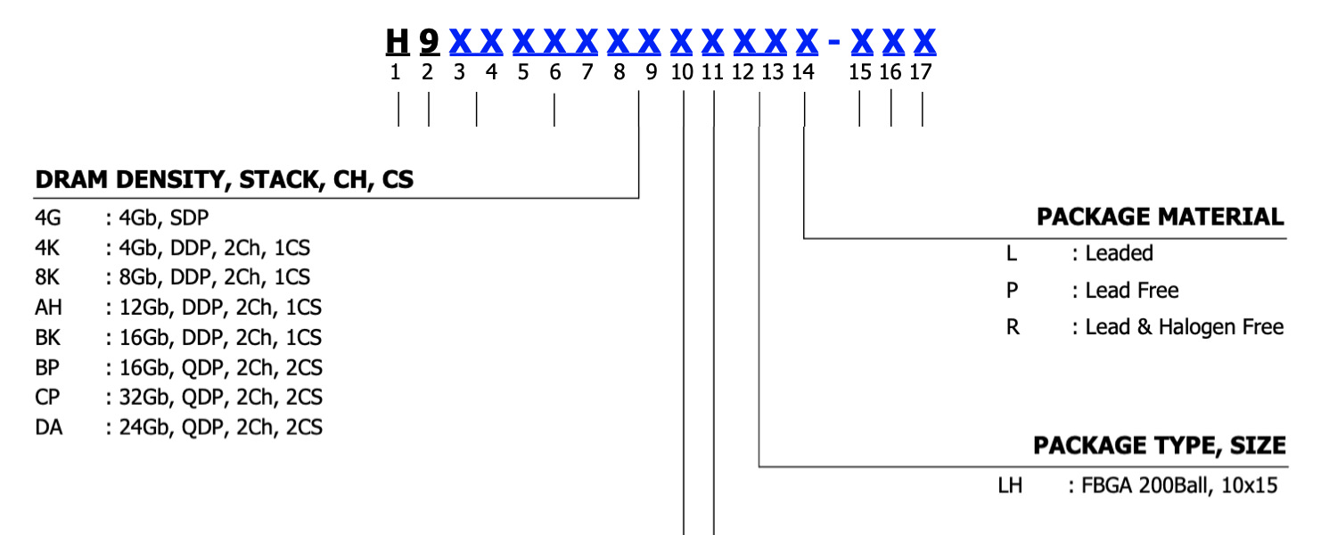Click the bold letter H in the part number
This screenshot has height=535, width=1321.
tap(397, 41)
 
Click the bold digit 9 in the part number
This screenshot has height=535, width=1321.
tap(429, 41)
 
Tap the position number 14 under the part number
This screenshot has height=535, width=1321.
tap(803, 73)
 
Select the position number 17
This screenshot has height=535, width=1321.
tap(921, 73)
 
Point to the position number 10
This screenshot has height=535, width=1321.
tap(682, 73)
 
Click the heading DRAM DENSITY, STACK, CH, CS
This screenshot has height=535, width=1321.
tap(224, 180)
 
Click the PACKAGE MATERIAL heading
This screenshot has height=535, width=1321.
tap(1160, 217)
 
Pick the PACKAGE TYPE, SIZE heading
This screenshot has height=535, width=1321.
tap(1159, 445)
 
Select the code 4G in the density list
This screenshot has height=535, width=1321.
tap(48, 218)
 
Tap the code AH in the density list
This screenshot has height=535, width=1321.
tap(48, 308)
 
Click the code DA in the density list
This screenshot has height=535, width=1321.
tap(49, 428)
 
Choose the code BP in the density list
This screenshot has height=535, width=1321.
tap(48, 367)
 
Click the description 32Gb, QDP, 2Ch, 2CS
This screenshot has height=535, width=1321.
tap(220, 398)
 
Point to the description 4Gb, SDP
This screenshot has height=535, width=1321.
tap(164, 218)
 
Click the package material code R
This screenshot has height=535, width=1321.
tap(1012, 327)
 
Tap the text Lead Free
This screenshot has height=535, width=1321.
tap(1131, 291)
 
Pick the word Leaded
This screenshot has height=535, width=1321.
tap(1119, 253)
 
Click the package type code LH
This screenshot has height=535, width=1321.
tap(1010, 486)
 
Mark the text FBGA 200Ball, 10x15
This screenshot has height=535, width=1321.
tap(1179, 486)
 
